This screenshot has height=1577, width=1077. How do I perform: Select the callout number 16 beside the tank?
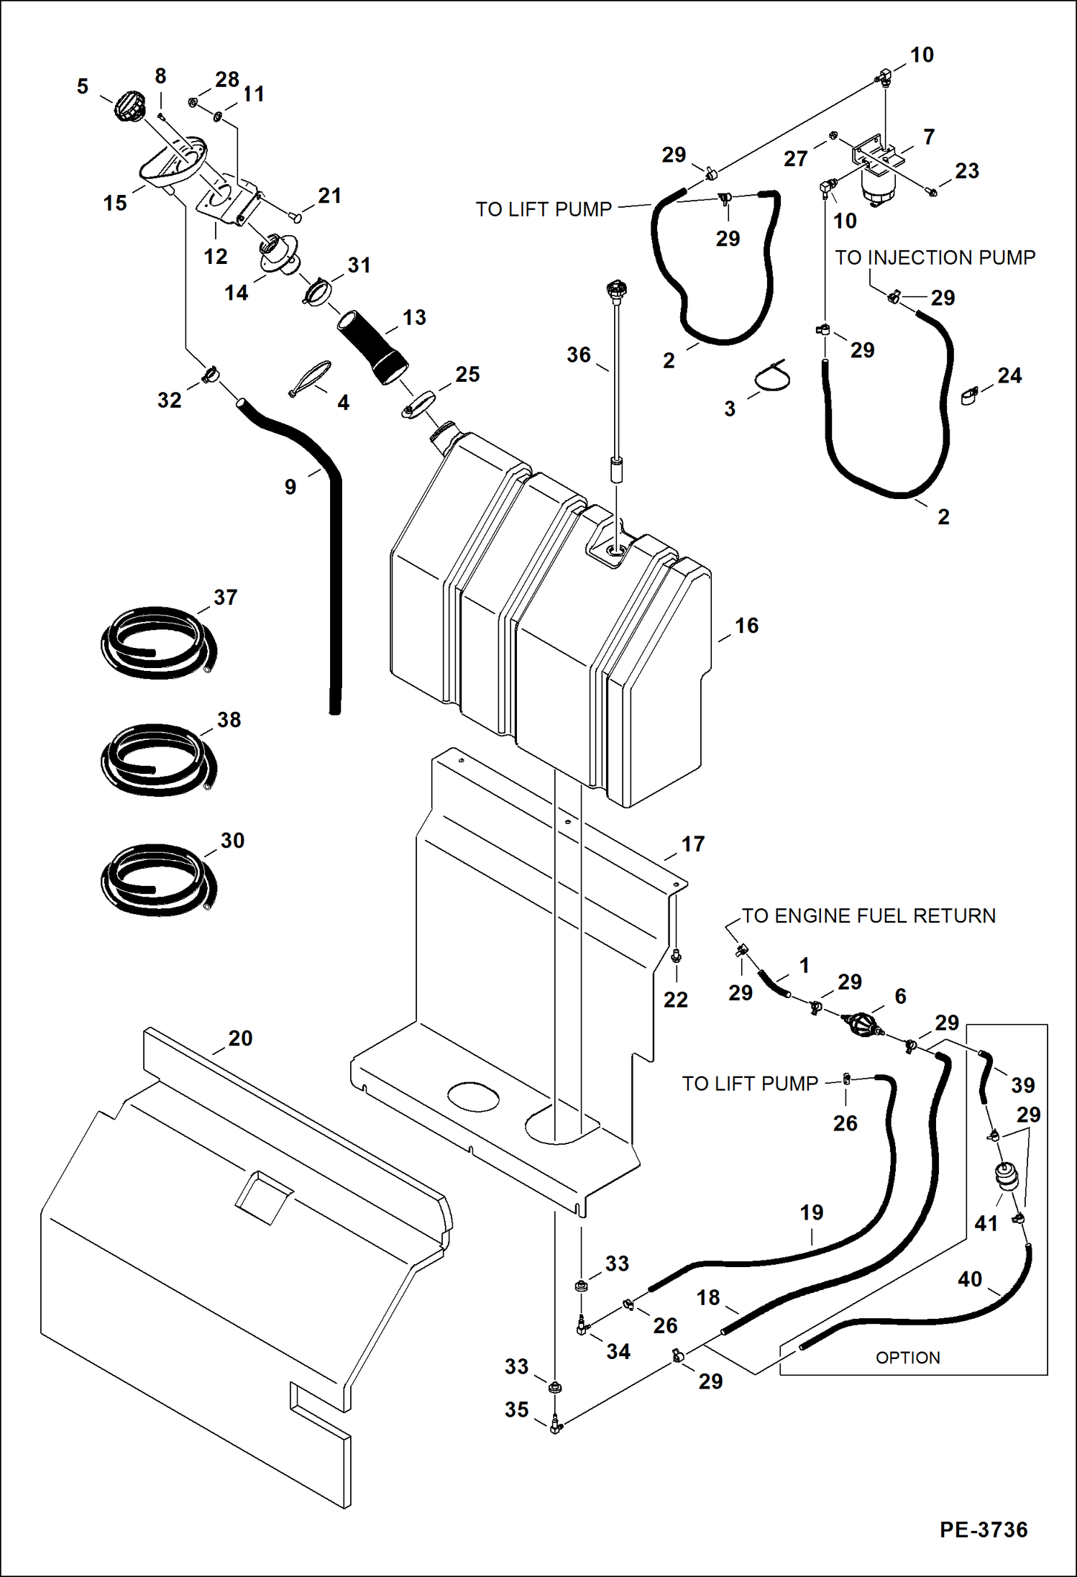point(746,626)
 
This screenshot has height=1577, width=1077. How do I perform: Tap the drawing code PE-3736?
point(983,1530)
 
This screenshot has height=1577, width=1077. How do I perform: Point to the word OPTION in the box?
point(907,1358)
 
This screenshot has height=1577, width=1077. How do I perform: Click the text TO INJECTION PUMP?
point(935,257)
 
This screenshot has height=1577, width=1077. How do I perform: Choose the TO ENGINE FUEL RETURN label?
point(869,915)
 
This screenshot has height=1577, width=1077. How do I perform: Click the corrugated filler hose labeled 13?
point(372,346)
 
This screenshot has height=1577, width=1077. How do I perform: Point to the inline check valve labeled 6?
point(862,1024)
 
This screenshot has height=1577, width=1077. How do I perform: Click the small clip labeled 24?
point(969,396)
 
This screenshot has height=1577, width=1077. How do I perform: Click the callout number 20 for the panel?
point(240,1038)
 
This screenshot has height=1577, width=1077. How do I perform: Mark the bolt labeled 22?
point(675,956)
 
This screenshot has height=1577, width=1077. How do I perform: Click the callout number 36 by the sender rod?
point(578,355)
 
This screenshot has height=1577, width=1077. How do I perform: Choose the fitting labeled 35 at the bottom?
point(555,1425)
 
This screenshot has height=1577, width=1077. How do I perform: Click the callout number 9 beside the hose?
point(290,487)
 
